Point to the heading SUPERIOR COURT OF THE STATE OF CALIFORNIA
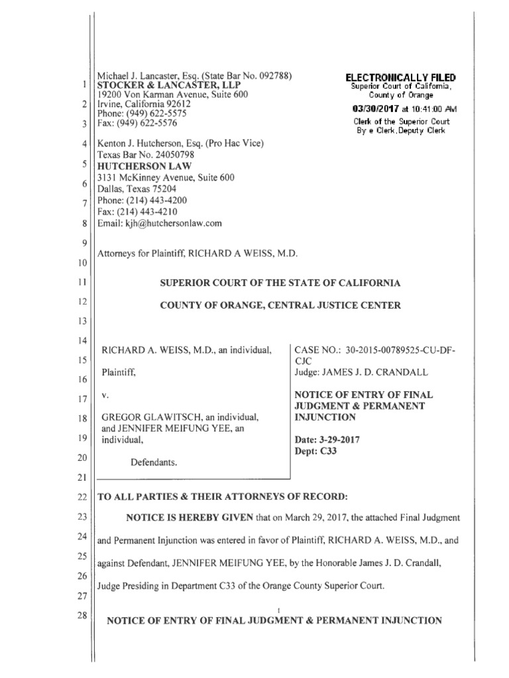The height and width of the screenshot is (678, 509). tap(281, 283)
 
